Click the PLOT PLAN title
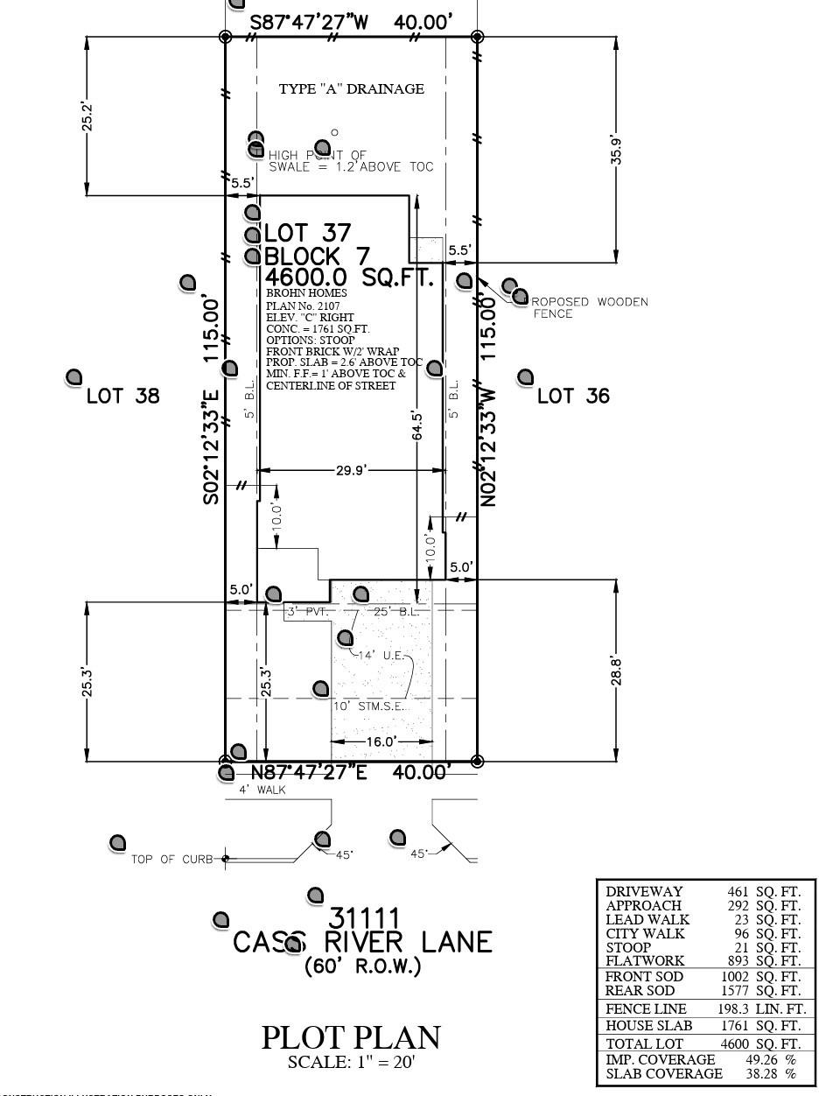pyautogui.click(x=351, y=1037)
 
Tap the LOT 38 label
pyautogui.click(x=123, y=396)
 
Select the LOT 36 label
pyautogui.click(x=573, y=396)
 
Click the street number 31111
pyautogui.click(x=364, y=918)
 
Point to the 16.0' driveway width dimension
pyautogui.click(x=381, y=741)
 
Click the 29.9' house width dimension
pyautogui.click(x=350, y=470)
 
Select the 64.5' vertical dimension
pyautogui.click(x=417, y=425)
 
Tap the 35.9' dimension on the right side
pyautogui.click(x=617, y=151)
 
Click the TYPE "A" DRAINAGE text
pyautogui.click(x=351, y=88)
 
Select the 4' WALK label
pyautogui.click(x=262, y=790)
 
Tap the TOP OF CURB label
pyautogui.click(x=171, y=859)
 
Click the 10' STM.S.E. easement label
pyautogui.click(x=370, y=706)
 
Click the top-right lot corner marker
pyautogui.click(x=477, y=37)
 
